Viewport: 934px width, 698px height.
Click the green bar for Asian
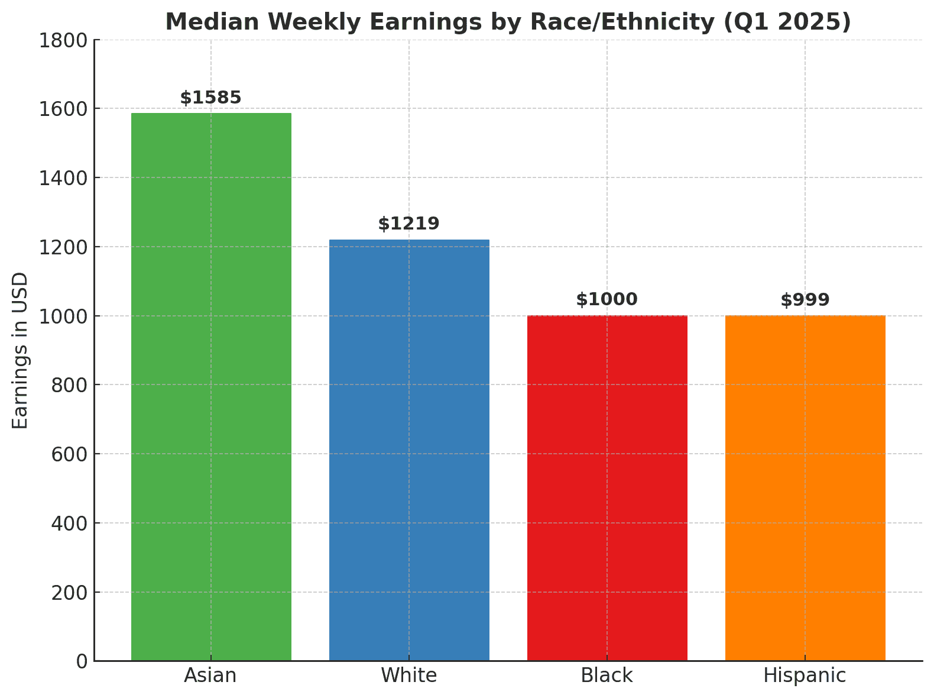tap(211, 387)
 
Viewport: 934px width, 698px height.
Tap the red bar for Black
tap(607, 488)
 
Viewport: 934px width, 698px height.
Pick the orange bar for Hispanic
tap(805, 488)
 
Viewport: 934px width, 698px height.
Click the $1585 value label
tap(211, 98)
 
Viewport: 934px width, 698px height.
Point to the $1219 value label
tap(409, 224)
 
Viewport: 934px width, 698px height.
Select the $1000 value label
tap(607, 299)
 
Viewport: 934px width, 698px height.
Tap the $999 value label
tap(805, 300)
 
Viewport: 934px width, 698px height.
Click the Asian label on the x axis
tap(210, 676)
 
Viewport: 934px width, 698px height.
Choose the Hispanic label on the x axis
tap(805, 676)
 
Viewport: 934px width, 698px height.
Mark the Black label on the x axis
tap(607, 676)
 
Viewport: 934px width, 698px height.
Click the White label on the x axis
tap(409, 676)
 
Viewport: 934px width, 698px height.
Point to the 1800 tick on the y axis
tap(62, 40)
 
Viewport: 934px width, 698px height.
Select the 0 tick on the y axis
tap(82, 661)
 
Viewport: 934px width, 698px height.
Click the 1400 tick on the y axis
tap(62, 178)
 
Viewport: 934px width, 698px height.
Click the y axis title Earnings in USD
tap(21, 350)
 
